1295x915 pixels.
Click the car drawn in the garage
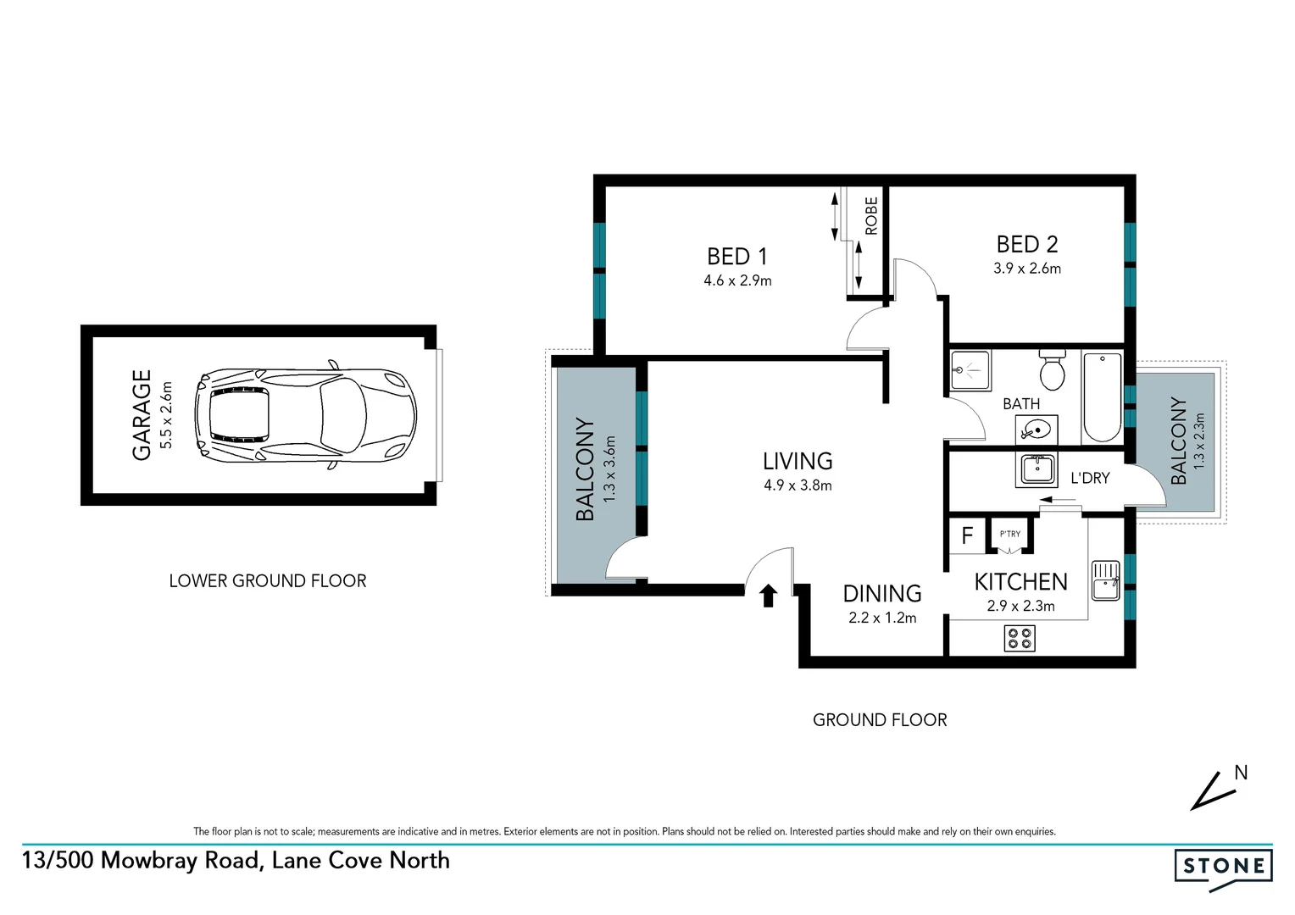[x=305, y=415]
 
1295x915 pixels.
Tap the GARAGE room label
[x=142, y=415]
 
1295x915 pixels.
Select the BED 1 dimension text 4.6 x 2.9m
[x=737, y=280]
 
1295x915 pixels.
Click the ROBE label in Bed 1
[x=871, y=215]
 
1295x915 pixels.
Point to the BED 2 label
[x=1027, y=244]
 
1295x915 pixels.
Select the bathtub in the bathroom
[x=1102, y=396]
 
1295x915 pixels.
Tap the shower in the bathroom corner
[x=970, y=370]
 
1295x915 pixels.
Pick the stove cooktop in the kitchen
[x=1020, y=638]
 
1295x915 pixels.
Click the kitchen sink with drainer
[x=1105, y=580]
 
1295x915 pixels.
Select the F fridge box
[x=967, y=535]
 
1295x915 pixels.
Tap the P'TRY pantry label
[x=1010, y=534]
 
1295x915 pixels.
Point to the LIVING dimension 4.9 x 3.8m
[x=798, y=485]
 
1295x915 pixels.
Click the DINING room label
[x=881, y=593]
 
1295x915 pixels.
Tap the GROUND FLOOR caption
[x=880, y=720]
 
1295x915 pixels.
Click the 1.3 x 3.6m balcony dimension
[x=609, y=469]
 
